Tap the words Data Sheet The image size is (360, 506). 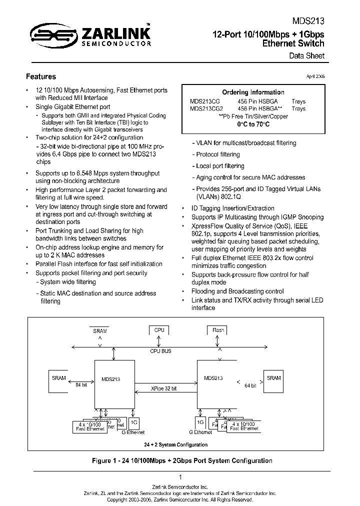307,55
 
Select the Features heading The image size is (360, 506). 41,76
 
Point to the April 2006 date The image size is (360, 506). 315,76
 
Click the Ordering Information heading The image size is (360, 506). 253,92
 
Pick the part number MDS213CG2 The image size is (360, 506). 206,108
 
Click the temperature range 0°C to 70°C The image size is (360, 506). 253,123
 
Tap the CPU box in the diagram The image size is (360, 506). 159,330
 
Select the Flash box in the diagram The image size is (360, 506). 218,330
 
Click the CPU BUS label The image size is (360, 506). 160,351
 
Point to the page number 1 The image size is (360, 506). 180,477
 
